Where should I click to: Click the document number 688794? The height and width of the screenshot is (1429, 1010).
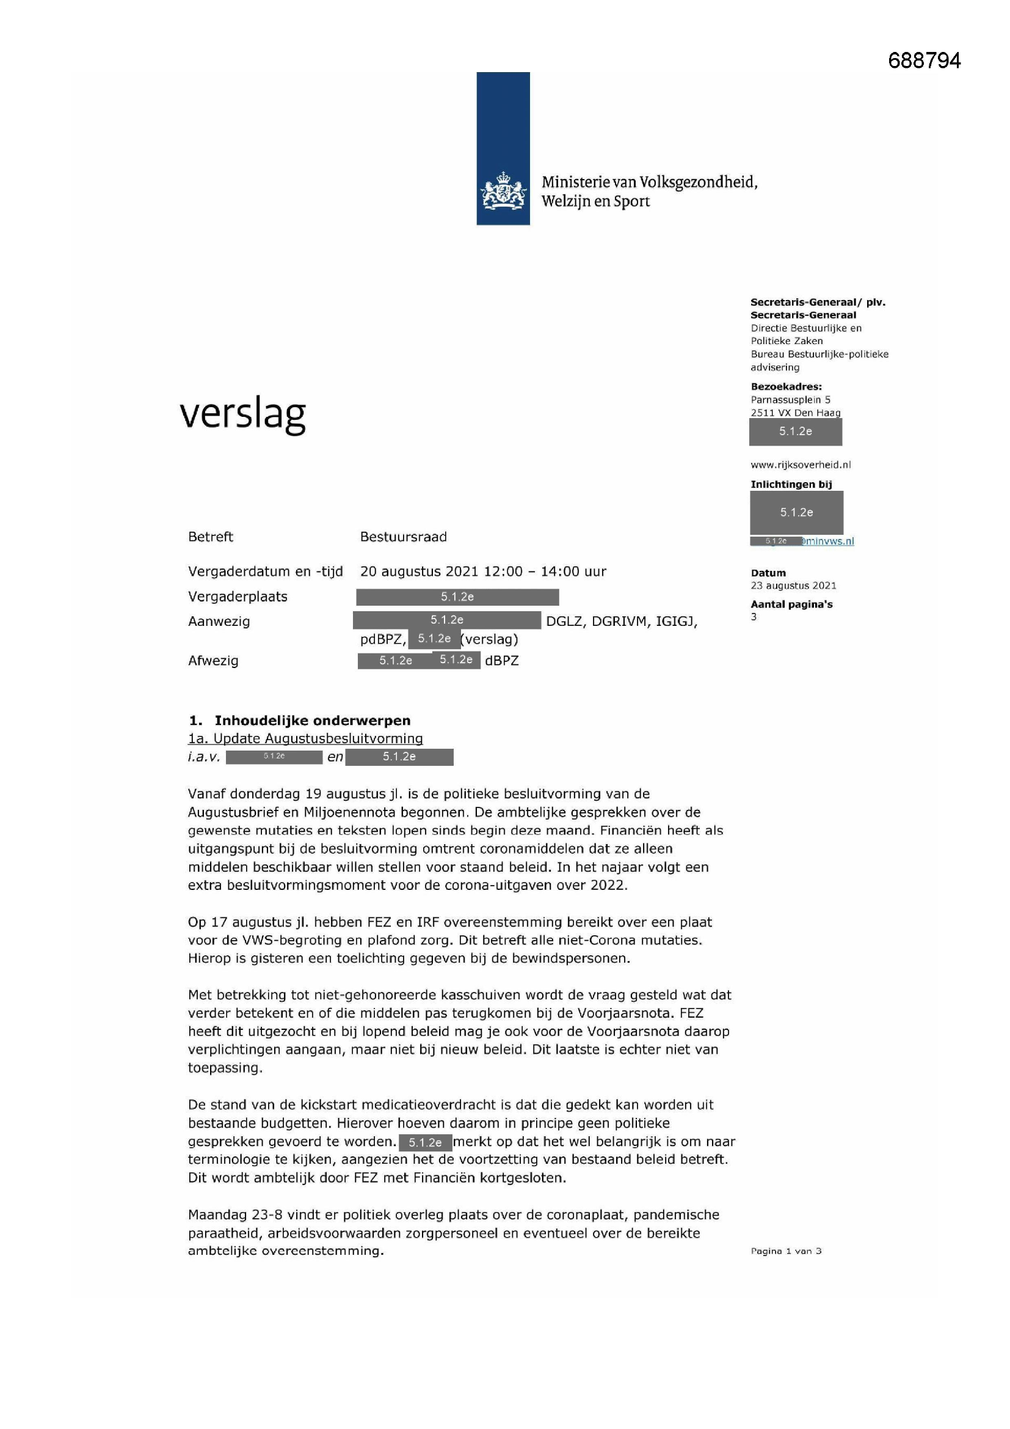click(924, 61)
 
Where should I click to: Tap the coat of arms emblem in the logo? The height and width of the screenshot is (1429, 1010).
click(503, 191)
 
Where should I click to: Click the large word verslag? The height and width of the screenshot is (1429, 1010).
click(242, 414)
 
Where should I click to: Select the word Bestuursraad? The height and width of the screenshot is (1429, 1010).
click(403, 537)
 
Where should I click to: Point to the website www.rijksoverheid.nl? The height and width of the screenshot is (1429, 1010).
click(801, 465)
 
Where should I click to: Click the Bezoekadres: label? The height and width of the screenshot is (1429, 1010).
click(786, 386)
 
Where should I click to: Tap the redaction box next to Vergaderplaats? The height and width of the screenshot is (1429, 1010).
click(457, 597)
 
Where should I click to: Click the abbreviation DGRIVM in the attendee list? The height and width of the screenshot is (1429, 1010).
click(619, 621)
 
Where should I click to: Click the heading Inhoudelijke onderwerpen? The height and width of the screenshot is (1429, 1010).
click(312, 720)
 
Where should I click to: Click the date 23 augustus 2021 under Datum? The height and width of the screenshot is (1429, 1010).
click(793, 585)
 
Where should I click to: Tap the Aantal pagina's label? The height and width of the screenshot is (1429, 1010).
click(791, 604)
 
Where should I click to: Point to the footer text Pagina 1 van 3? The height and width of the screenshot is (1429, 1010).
click(786, 1251)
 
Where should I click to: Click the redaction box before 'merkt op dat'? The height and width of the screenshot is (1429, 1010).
click(425, 1143)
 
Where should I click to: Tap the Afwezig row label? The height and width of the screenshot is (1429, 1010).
click(213, 660)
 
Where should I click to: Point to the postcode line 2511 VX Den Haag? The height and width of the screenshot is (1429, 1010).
click(795, 413)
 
